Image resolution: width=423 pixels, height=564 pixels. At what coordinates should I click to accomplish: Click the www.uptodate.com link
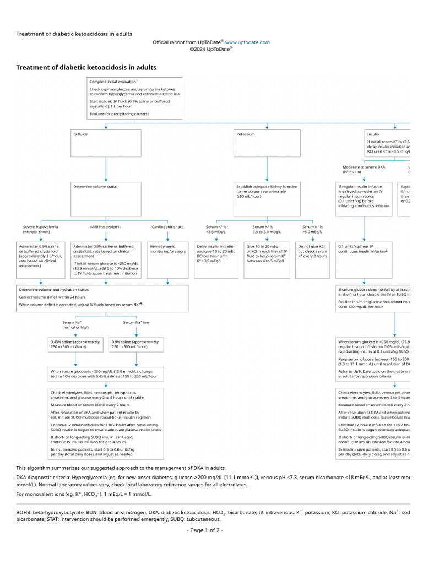tap(247, 42)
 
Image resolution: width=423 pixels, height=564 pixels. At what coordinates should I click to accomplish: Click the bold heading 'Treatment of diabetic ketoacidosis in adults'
tap(86, 68)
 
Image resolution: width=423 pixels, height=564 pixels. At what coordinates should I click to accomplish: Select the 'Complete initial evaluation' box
tap(134, 98)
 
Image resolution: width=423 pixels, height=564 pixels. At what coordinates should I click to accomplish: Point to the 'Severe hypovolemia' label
tap(40, 230)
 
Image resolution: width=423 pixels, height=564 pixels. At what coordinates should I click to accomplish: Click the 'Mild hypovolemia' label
tap(106, 227)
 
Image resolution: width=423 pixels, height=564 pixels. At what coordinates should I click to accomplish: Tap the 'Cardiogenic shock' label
tap(167, 227)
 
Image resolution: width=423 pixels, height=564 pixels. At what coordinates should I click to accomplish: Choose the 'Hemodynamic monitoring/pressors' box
tap(167, 259)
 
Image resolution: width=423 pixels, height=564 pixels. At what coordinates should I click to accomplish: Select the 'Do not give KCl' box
tap(313, 259)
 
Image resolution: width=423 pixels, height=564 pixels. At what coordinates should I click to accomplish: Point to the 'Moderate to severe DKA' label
tap(363, 169)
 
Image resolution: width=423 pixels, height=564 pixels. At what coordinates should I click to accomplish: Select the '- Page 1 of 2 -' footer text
tap(205, 530)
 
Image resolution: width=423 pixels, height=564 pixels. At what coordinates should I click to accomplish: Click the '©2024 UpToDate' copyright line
tap(211, 49)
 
